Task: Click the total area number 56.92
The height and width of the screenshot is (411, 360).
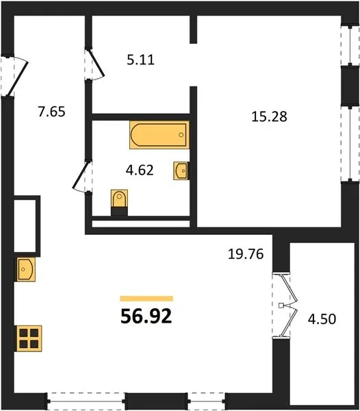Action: [146, 316]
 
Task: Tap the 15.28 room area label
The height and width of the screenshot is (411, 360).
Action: [269, 116]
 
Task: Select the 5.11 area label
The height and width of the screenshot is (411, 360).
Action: [140, 60]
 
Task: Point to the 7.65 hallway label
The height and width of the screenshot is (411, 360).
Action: [51, 112]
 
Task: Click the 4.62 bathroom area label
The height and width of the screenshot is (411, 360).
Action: [140, 170]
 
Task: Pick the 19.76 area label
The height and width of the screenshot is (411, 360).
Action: [246, 254]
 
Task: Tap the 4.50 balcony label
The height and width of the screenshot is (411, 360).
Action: [322, 319]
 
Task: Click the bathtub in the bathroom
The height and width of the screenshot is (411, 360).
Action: [159, 135]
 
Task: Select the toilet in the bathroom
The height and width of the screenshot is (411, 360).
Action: [119, 202]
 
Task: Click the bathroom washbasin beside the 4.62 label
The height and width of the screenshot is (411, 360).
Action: [181, 171]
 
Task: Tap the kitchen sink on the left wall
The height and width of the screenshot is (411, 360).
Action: [25, 269]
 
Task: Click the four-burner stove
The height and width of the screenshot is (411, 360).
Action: [29, 338]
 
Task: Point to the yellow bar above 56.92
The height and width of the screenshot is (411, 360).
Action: [146, 299]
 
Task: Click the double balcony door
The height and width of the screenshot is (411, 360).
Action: [289, 306]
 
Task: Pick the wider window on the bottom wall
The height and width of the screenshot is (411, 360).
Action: [86, 401]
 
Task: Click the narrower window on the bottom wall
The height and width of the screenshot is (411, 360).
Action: [206, 401]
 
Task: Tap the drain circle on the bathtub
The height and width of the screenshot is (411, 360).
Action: [181, 135]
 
